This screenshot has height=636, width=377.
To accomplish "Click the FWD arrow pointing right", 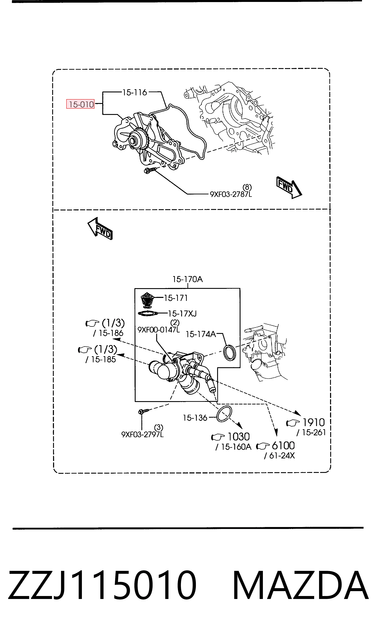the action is point(289,187).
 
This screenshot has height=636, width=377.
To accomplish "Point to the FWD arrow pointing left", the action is point(100,228).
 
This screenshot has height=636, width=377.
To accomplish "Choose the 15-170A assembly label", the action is point(187,280).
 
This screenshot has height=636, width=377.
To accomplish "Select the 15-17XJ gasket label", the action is point(182,314).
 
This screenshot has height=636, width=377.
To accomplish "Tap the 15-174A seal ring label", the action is point(201,334).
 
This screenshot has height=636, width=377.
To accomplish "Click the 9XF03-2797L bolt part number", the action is point(143,435).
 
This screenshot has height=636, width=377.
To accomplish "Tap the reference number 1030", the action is point(239,437).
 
